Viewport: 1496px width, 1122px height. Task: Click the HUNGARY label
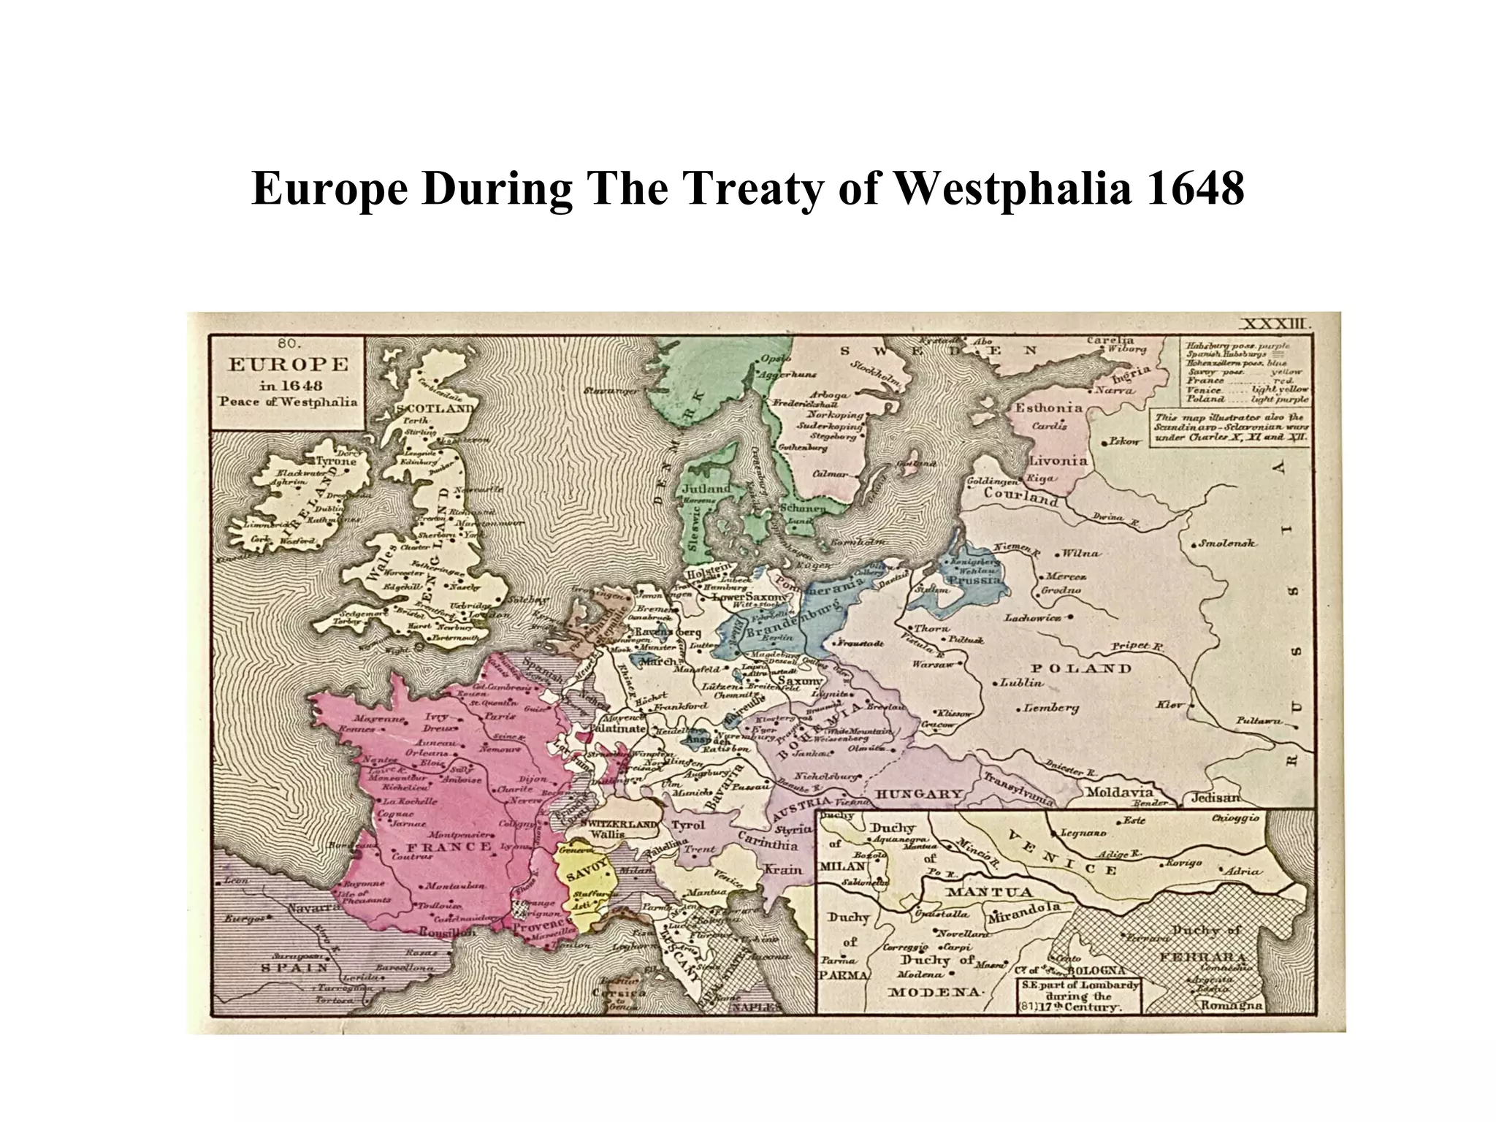919,794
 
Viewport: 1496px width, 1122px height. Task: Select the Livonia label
1058,461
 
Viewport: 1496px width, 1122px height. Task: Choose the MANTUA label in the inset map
990,892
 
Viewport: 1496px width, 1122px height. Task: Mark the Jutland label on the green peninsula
706,488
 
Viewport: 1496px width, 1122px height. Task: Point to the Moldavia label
1119,792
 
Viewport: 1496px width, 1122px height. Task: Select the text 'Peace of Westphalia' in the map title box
289,402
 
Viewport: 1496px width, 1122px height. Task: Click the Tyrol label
688,825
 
